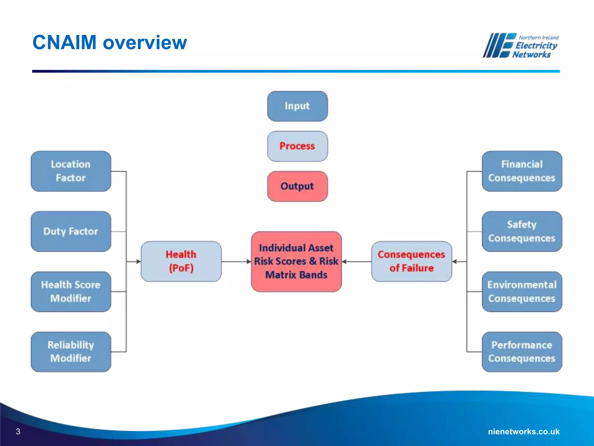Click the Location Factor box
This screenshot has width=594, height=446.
[x=71, y=171]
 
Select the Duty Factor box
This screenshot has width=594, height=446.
[x=71, y=231]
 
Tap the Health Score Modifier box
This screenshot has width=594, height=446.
[x=71, y=292]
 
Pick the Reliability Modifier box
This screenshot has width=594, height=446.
[x=71, y=352]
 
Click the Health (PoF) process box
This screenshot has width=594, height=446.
[x=181, y=261]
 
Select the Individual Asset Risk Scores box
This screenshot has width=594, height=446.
[x=296, y=261]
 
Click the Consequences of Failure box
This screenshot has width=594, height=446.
[x=411, y=261]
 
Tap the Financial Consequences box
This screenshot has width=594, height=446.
[x=522, y=171]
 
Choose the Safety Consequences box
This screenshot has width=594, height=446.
[x=522, y=231]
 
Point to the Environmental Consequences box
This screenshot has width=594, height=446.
[x=522, y=292]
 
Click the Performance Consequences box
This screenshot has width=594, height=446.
[x=522, y=352]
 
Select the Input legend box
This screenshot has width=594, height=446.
[x=297, y=106]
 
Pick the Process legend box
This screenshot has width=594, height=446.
[x=297, y=146]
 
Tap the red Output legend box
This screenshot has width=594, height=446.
[x=297, y=186]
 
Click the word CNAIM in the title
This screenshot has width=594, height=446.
[x=64, y=42]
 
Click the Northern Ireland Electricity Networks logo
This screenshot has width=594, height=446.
[x=521, y=46]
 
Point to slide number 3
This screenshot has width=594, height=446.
[x=18, y=431]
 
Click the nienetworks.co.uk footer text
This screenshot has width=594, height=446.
[x=524, y=431]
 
